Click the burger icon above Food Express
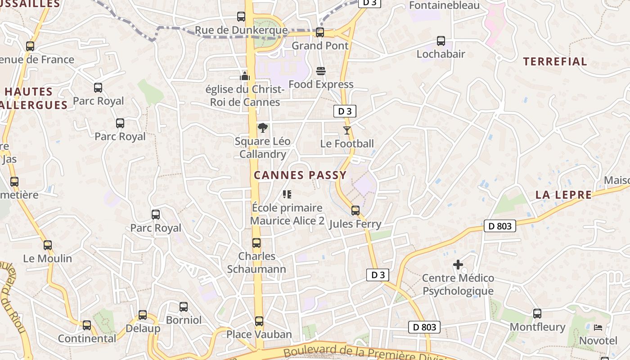coord(321,71)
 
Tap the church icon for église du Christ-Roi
coord(245,76)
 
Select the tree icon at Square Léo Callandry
coord(262,128)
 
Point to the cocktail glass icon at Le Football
coord(346,130)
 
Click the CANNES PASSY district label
coord(300,175)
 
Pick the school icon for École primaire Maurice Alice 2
coord(287,194)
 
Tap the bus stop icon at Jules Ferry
coord(355,211)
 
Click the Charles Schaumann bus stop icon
coord(256,243)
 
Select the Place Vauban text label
coord(259,334)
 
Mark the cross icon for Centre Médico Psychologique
coord(458,265)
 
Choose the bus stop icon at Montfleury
coord(537,314)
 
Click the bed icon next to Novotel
coord(598,327)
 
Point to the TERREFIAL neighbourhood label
coord(555,62)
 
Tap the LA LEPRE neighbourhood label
coord(563,195)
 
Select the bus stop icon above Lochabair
coord(441,41)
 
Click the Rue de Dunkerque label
coord(241,31)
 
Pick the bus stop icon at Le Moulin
coord(48,245)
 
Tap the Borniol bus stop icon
coord(184,307)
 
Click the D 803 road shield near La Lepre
coord(499,226)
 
